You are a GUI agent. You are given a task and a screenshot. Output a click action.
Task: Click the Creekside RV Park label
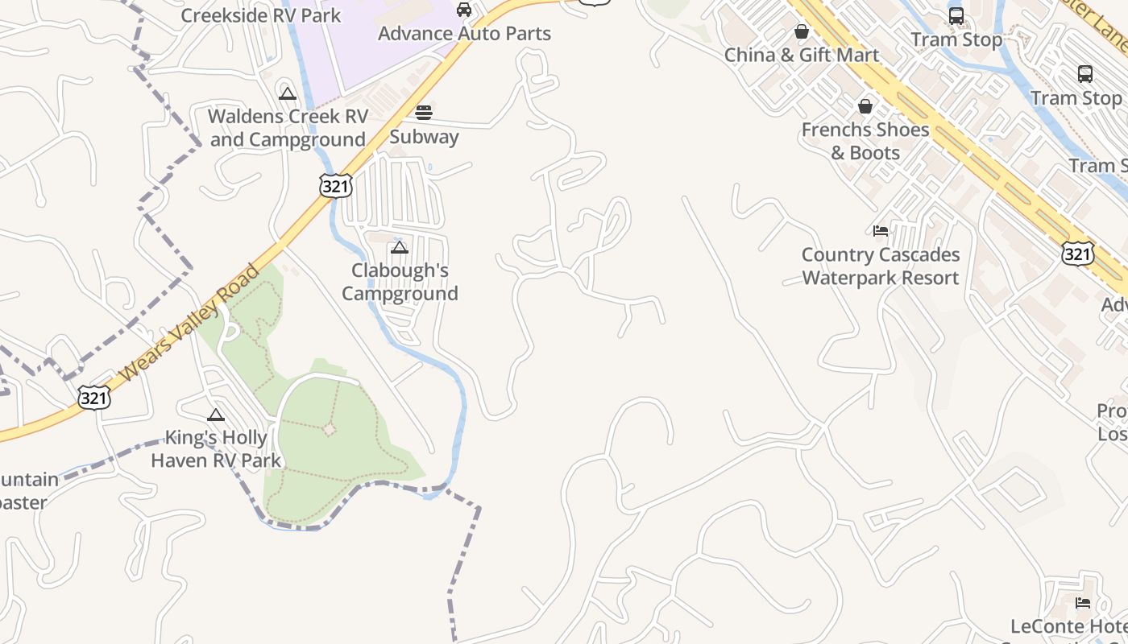pyautogui.click(x=260, y=15)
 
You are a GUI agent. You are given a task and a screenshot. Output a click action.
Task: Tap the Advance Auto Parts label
pyautogui.click(x=464, y=34)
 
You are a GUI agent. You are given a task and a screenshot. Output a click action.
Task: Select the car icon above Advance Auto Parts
pyautogui.click(x=464, y=10)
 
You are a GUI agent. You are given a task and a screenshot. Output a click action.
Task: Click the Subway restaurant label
pyautogui.click(x=424, y=136)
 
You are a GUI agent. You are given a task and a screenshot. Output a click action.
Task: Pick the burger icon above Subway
pyautogui.click(x=424, y=112)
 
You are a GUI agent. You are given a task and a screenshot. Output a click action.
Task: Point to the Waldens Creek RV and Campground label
pyautogui.click(x=288, y=128)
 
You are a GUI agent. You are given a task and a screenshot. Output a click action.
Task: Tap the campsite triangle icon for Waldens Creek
pyautogui.click(x=288, y=93)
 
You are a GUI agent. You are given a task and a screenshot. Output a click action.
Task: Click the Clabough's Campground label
pyautogui.click(x=400, y=282)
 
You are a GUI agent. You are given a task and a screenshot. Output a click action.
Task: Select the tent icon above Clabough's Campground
pyautogui.click(x=400, y=247)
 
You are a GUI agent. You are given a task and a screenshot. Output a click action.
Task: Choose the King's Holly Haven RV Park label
pyautogui.click(x=216, y=449)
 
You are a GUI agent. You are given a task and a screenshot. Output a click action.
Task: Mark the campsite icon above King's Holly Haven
pyautogui.click(x=215, y=415)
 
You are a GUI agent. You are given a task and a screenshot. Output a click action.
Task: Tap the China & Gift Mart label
pyautogui.click(x=802, y=55)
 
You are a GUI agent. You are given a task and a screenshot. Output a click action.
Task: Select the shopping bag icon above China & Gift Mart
pyautogui.click(x=802, y=31)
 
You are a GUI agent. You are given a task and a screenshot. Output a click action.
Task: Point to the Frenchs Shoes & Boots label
pyautogui.click(x=865, y=141)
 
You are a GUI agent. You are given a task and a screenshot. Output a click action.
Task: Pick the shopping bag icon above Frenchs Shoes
pyautogui.click(x=865, y=106)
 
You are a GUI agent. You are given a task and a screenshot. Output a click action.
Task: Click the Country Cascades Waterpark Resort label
pyautogui.click(x=881, y=266)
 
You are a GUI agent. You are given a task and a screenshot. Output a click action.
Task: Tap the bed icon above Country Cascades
pyautogui.click(x=881, y=231)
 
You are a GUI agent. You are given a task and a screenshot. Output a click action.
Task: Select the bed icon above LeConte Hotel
pyautogui.click(x=1083, y=602)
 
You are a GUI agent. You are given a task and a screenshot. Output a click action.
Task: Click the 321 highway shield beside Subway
pyautogui.click(x=335, y=186)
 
